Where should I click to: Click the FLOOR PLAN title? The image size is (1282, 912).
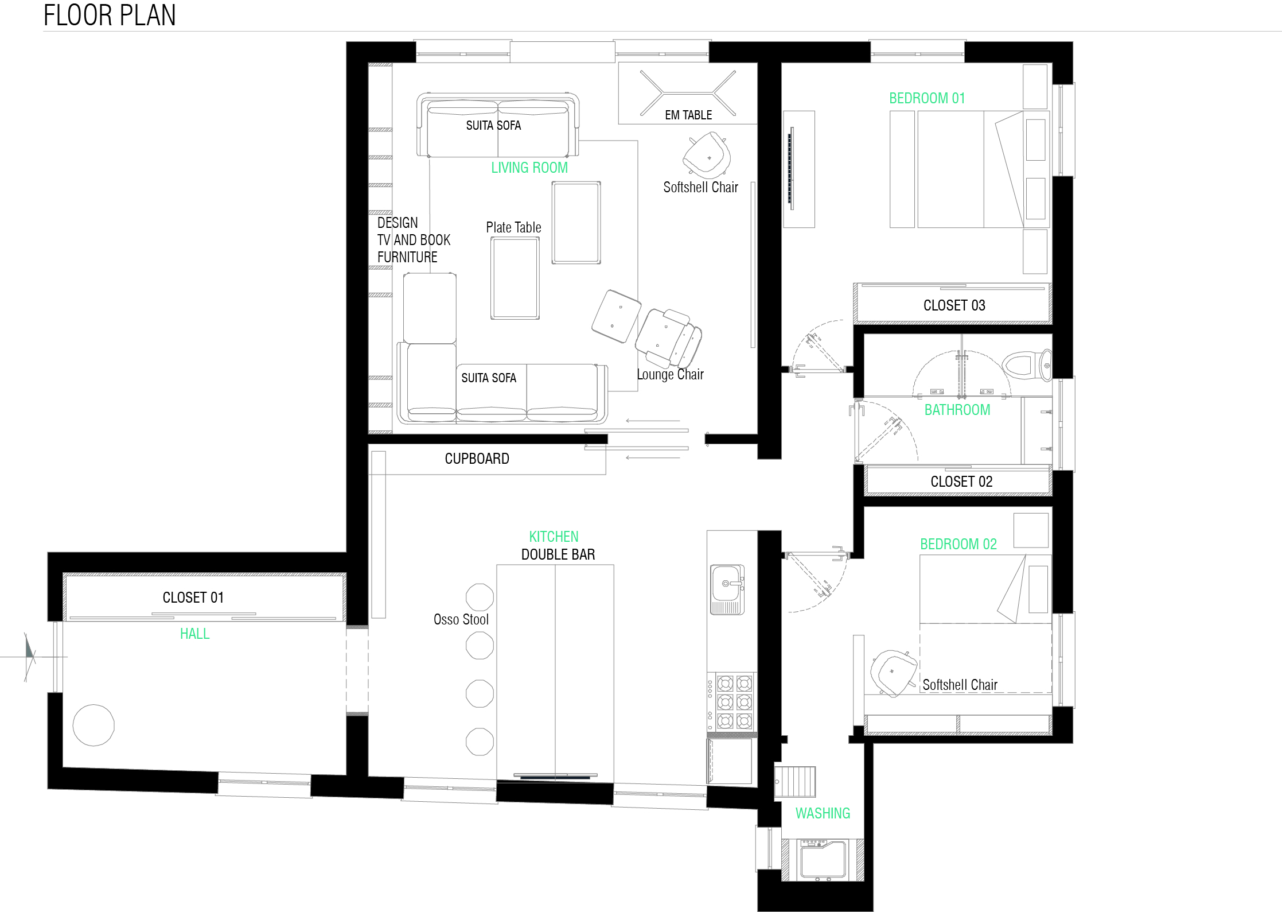pyautogui.click(x=110, y=15)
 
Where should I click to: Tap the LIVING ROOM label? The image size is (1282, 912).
pyautogui.click(x=529, y=168)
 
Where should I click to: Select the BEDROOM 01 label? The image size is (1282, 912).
pyautogui.click(x=927, y=98)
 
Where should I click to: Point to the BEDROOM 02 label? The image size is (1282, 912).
pyautogui.click(x=958, y=544)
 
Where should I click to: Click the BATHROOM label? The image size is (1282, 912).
pyautogui.click(x=957, y=410)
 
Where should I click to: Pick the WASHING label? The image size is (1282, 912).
pyautogui.click(x=823, y=813)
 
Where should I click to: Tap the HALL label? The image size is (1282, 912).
pyautogui.click(x=194, y=634)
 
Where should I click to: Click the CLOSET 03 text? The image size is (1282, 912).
pyautogui.click(x=954, y=305)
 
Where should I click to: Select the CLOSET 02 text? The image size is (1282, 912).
pyautogui.click(x=961, y=482)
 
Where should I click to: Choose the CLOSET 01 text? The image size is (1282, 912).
pyautogui.click(x=193, y=597)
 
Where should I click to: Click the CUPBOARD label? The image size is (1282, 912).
pyautogui.click(x=477, y=459)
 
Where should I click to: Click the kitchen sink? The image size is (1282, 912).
pyautogui.click(x=727, y=589)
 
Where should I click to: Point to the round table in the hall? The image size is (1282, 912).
pyautogui.click(x=93, y=725)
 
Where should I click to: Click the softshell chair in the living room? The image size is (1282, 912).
pyautogui.click(x=707, y=154)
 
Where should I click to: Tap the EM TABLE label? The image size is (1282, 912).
pyautogui.click(x=688, y=115)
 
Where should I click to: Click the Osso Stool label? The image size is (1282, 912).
pyautogui.click(x=461, y=619)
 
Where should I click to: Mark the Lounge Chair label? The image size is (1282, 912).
pyautogui.click(x=670, y=375)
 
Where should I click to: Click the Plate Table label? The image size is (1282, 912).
pyautogui.click(x=513, y=227)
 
